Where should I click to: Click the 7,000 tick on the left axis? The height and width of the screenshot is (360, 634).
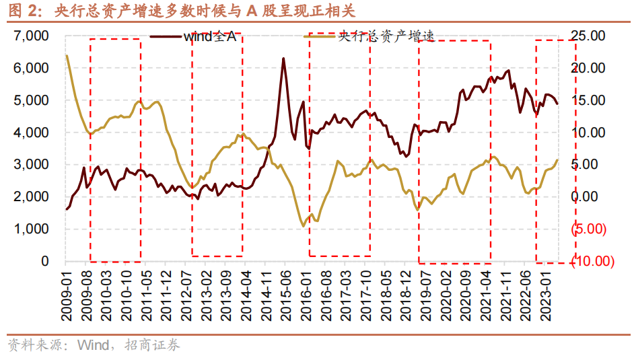[x=30, y=36]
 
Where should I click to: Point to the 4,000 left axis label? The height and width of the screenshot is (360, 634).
[x=30, y=133]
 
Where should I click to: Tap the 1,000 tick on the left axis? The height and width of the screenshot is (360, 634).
[x=30, y=229]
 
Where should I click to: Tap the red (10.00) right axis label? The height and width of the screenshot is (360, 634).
[x=592, y=261]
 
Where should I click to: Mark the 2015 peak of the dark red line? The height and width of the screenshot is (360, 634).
[x=283, y=59]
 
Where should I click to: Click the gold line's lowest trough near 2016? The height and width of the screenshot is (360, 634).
[x=303, y=225]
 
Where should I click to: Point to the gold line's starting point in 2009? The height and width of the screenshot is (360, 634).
[x=67, y=56]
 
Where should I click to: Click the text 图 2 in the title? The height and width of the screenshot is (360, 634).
[x=22, y=11]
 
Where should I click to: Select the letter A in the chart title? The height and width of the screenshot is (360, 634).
[x=266, y=11]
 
